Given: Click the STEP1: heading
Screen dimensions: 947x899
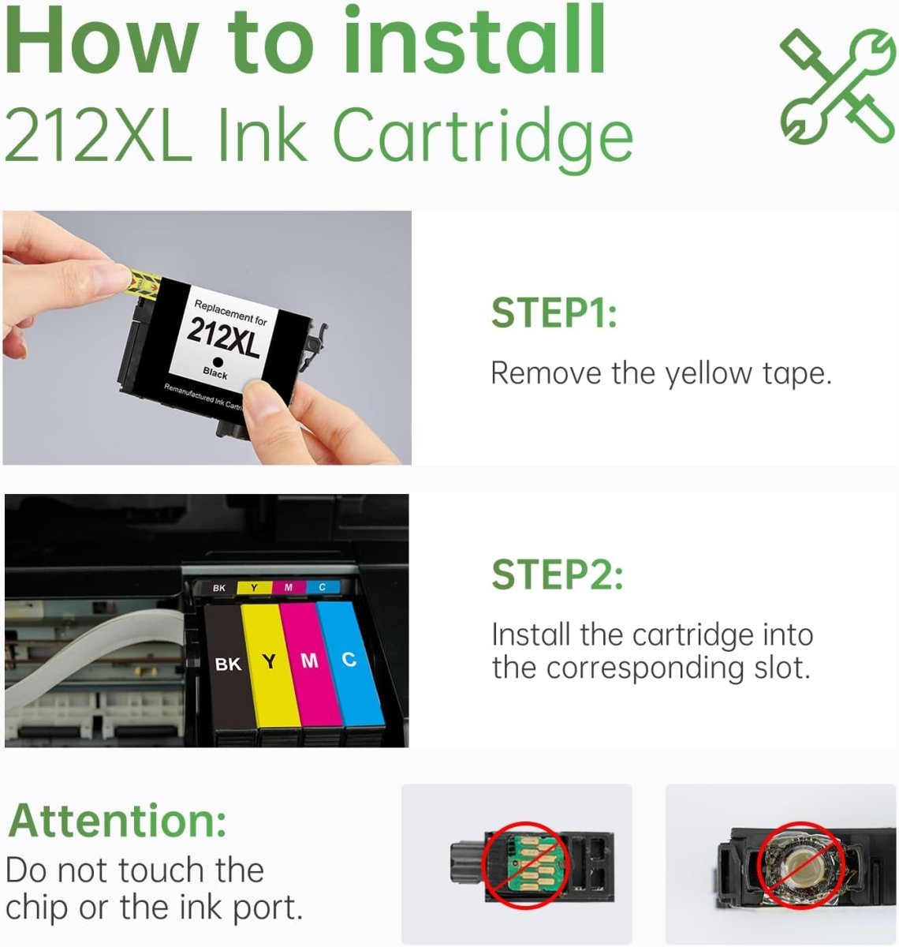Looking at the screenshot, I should tap(554, 313).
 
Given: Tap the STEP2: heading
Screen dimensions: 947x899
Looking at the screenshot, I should tap(557, 575).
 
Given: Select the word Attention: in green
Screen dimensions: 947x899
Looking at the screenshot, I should tap(118, 821).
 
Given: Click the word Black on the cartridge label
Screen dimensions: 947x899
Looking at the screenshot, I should tap(214, 372).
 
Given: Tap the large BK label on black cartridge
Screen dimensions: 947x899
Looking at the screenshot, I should tap(228, 664).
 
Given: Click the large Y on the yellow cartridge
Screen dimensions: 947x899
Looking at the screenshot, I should tap(270, 662).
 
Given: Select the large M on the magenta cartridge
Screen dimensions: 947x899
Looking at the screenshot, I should tap(310, 661).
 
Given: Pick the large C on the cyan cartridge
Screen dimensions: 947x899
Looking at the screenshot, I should tap(349, 659).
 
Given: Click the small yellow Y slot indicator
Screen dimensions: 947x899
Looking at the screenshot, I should tap(253, 588).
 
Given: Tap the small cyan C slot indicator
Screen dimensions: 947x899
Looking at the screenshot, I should tap(322, 587).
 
